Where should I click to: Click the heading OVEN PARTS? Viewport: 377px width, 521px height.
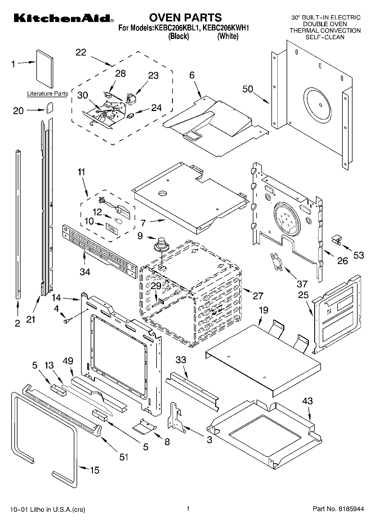click(x=185, y=17)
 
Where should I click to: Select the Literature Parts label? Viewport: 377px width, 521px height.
click(x=47, y=94)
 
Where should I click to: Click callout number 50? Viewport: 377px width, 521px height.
click(x=248, y=89)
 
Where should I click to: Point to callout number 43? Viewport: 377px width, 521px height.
click(x=307, y=401)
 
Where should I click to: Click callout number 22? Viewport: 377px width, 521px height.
click(x=81, y=52)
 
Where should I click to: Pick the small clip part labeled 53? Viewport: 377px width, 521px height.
click(x=336, y=240)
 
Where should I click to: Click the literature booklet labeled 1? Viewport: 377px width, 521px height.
click(x=44, y=69)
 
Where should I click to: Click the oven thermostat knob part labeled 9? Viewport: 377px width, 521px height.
click(x=161, y=244)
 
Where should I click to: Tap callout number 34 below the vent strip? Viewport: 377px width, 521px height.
click(x=85, y=272)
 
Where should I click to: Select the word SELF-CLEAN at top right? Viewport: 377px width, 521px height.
click(x=325, y=37)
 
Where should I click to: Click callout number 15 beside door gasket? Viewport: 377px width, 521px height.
click(x=95, y=470)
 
